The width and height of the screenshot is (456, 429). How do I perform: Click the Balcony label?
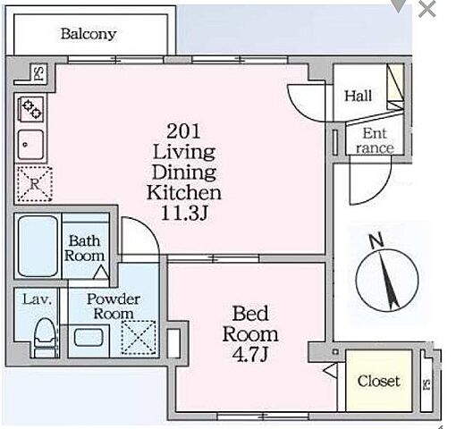pos(89,34)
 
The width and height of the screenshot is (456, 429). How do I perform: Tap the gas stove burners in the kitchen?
pos(31,108)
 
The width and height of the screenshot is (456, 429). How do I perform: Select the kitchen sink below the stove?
pos(30,145)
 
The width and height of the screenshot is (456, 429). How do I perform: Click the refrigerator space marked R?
pos(35,184)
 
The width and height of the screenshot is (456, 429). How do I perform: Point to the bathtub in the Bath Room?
pos(38,246)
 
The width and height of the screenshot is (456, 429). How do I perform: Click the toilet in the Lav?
pos(45,338)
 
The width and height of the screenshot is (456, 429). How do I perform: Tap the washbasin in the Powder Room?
pos(89,337)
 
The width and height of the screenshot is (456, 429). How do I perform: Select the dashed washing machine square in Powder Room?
pos(139,338)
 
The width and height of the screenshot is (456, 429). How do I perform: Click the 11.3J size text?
pos(184,214)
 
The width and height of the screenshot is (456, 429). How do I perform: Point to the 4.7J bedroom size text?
pos(250,355)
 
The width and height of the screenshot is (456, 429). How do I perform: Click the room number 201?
pos(183,131)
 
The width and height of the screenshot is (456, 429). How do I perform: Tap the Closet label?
pos(378,381)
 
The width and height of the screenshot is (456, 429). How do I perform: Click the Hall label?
pos(358,96)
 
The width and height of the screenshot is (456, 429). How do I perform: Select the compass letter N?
pos(376,240)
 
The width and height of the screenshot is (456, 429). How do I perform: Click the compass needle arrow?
pos(388,280)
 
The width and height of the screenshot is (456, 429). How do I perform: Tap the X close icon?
pos(427,9)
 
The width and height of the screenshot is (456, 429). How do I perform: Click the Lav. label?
pos(37,299)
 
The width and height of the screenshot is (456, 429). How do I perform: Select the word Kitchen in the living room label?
pos(184,193)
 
